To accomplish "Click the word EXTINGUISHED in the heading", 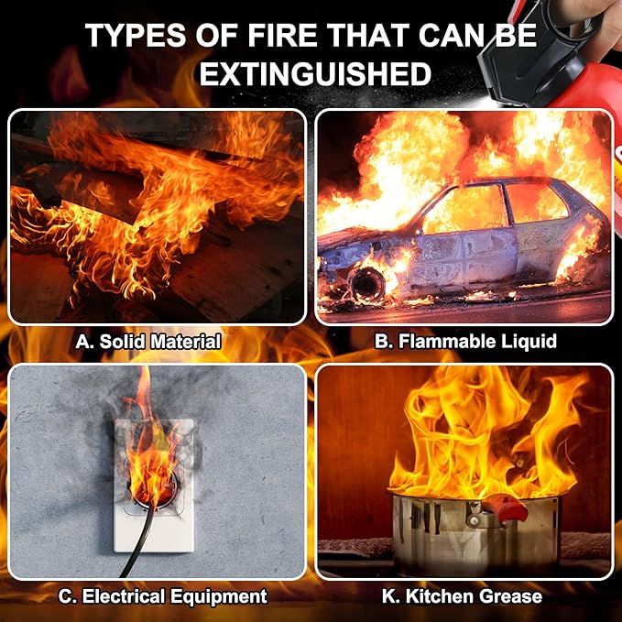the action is point(315,74).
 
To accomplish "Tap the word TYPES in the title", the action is point(136,36).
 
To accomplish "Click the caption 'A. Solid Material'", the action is point(148,342).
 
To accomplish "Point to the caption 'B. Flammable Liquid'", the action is point(465,341).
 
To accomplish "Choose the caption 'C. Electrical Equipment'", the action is point(163,596).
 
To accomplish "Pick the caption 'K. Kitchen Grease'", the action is point(462,596).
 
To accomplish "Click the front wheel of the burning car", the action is point(367,284).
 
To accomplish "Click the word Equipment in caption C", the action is point(219,596).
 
